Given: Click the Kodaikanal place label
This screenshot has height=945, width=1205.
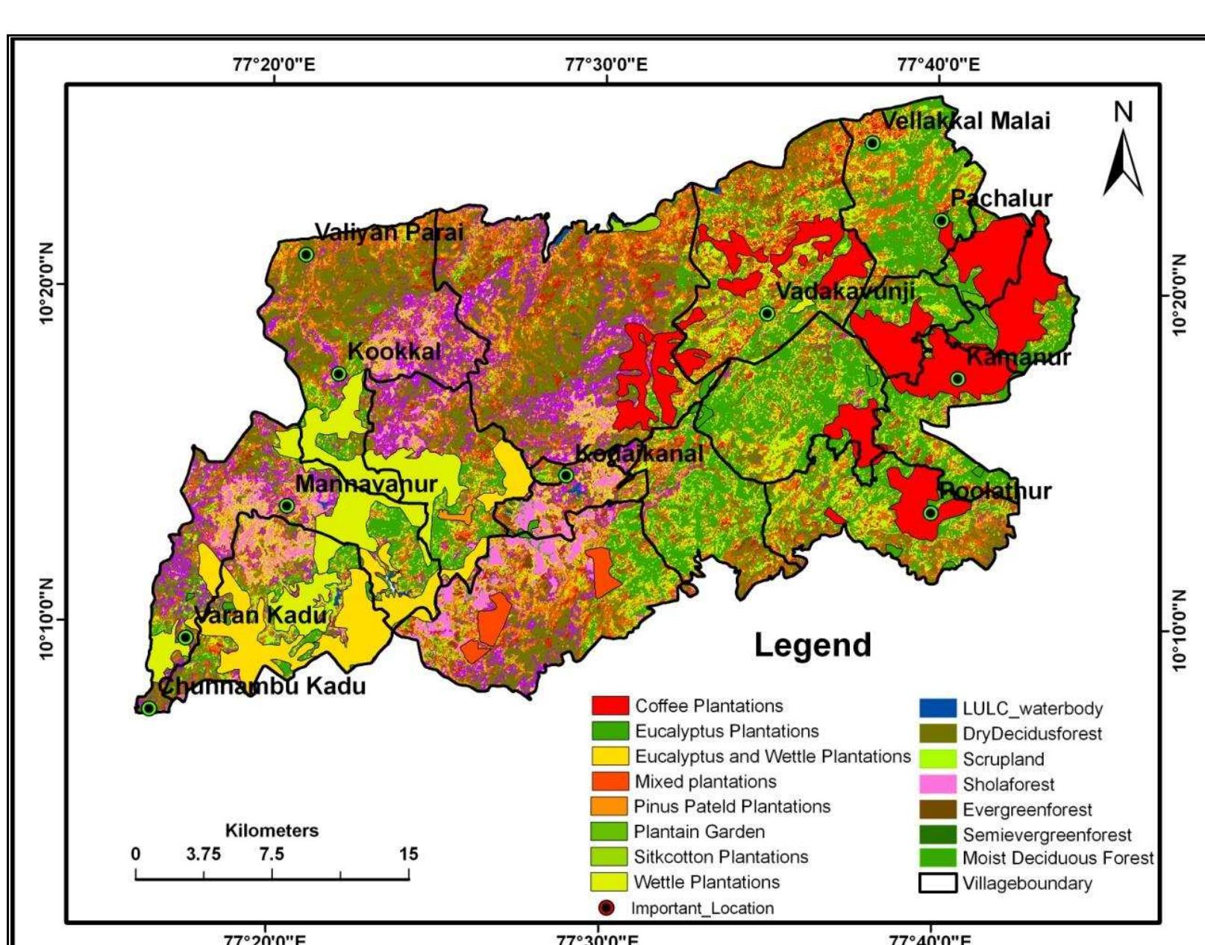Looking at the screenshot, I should [639, 453].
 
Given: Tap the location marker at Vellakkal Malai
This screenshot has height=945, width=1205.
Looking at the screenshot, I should [872, 143].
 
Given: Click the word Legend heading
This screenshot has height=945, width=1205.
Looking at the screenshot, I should [813, 644].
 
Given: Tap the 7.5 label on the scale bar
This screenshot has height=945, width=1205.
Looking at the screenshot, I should [272, 855].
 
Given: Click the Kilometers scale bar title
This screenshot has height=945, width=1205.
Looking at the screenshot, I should [272, 830].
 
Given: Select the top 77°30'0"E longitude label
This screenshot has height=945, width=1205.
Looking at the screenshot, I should [606, 64].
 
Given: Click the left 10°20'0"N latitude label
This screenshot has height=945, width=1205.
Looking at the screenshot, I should [49, 284].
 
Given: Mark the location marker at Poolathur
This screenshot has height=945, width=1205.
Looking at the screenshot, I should [930, 512].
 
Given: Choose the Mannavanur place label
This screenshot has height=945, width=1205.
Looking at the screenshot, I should [366, 484].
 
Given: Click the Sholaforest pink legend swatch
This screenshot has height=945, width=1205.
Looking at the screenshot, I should [937, 784].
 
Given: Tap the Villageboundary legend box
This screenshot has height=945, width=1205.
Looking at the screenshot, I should [937, 883].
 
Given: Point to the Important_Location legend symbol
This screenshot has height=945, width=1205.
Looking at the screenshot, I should [607, 908].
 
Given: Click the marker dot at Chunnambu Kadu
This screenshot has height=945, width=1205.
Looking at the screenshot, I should [149, 708].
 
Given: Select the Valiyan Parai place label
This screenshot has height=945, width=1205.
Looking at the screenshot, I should [389, 232].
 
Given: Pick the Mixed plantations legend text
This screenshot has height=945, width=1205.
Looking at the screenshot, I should [705, 782].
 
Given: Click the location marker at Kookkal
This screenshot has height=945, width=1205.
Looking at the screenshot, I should [339, 374].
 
